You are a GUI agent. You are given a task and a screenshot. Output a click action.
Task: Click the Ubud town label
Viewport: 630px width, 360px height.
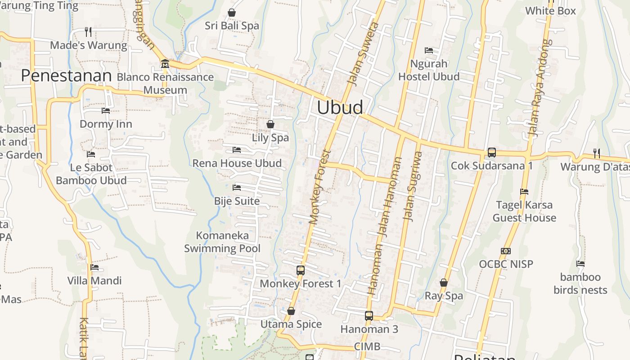[x=340, y=108]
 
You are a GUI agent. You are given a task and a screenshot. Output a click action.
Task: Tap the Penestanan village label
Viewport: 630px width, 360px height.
[x=66, y=76]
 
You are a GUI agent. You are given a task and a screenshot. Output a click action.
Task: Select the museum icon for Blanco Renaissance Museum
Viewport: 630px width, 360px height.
[x=165, y=63]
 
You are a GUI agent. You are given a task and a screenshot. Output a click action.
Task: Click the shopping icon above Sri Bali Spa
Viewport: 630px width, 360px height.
[x=232, y=13]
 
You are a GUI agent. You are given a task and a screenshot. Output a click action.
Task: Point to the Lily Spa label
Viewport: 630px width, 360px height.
[x=270, y=138]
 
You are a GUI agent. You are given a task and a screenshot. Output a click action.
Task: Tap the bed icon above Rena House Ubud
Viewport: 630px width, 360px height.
[x=237, y=150]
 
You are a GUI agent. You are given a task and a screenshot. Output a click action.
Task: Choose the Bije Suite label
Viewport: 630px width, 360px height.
[x=237, y=201]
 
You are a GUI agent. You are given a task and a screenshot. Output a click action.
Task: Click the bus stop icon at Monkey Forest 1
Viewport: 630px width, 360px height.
[x=301, y=270]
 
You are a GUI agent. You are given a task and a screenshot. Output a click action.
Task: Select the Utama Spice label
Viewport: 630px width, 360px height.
[x=291, y=324]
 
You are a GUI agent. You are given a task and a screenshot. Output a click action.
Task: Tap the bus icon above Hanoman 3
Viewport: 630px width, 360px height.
[x=369, y=316]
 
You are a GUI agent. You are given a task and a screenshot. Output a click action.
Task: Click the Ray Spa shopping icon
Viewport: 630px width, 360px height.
[x=444, y=283]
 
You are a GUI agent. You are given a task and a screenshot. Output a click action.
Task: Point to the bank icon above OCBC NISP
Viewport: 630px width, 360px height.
[x=506, y=251]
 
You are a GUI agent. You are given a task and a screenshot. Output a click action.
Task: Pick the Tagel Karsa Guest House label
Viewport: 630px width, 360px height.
[x=524, y=211]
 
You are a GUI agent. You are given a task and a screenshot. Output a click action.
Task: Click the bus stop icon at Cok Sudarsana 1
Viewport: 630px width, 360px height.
[x=492, y=153]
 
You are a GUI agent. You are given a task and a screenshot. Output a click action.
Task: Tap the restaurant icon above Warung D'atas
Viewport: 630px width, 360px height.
[x=596, y=153]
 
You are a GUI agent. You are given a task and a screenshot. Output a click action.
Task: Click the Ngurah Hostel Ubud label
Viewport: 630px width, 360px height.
[x=429, y=70]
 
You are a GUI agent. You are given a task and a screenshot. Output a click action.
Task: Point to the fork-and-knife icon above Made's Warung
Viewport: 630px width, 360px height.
[x=88, y=32]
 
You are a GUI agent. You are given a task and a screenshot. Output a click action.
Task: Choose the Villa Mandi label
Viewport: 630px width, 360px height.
[x=94, y=281]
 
